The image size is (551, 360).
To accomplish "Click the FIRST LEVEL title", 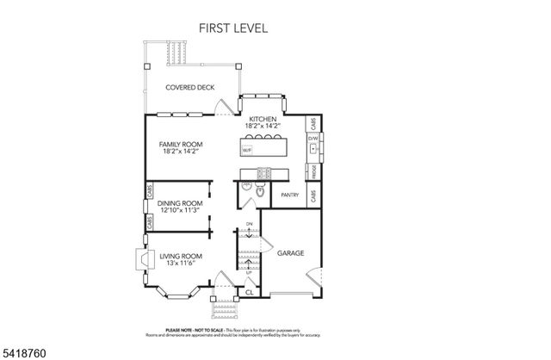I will click(233, 28).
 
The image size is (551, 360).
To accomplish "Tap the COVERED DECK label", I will click(190, 88).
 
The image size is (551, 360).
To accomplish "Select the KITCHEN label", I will click(263, 119).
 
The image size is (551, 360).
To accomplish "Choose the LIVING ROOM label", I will click(180, 256).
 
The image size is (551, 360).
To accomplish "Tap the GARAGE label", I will click(289, 253).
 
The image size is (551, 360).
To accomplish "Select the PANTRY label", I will click(290, 196).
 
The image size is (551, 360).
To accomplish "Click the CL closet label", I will click(249, 293).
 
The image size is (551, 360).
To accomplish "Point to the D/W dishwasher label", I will click(314, 137).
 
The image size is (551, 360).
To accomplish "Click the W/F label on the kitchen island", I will click(247, 151).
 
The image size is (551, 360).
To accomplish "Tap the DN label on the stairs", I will click(249, 225).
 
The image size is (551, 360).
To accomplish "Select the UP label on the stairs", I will click(249, 272).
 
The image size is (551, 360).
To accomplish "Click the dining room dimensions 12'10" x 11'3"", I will click(179, 210).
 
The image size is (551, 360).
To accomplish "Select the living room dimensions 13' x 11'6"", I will click(180, 264).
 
